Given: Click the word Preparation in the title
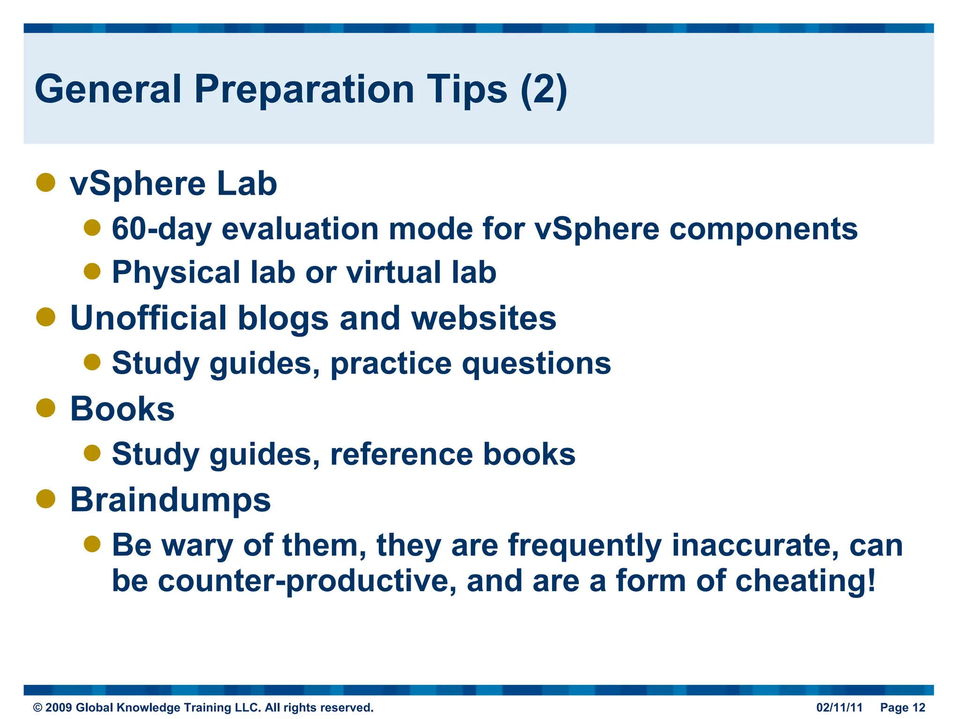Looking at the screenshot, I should pyautogui.click(x=304, y=90).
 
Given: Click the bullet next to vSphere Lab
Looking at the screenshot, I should pyautogui.click(x=46, y=182).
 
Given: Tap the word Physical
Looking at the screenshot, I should pyautogui.click(x=176, y=272).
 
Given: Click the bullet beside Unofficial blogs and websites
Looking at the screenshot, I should pyautogui.click(x=46, y=316).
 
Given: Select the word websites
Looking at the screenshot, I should pyautogui.click(x=483, y=318).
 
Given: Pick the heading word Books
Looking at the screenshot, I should pyautogui.click(x=122, y=409).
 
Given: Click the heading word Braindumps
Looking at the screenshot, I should pyautogui.click(x=170, y=499).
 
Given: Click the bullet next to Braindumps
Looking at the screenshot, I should pyautogui.click(x=46, y=499).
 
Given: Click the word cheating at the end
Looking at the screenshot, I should pyautogui.click(x=801, y=581).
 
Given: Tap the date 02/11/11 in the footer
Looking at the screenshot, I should pyautogui.click(x=839, y=707).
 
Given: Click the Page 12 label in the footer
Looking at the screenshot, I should pyautogui.click(x=902, y=707).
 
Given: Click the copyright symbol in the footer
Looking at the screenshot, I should pyautogui.click(x=37, y=708).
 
